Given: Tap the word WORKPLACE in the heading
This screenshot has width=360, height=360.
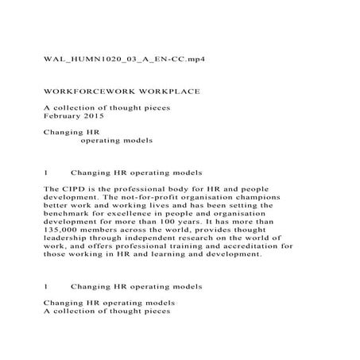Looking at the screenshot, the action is click(x=165, y=92).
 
